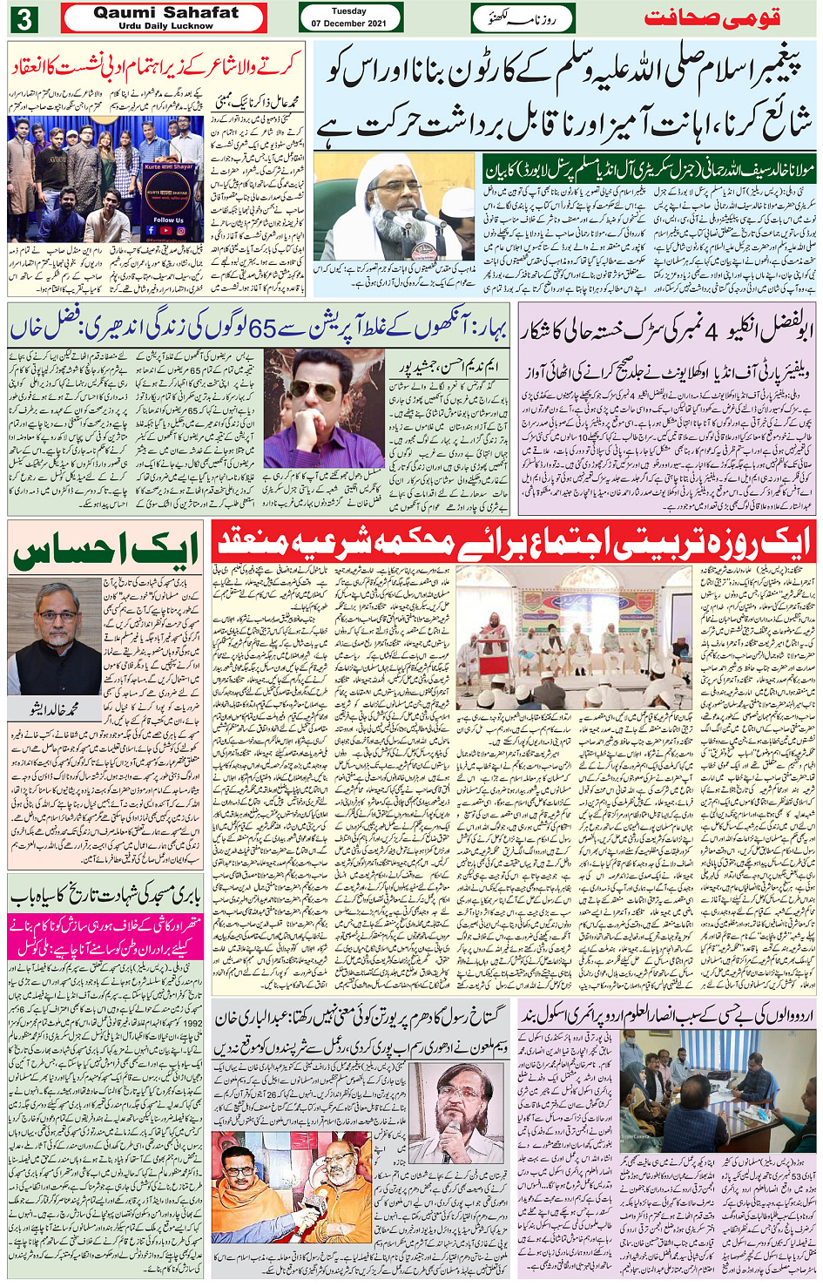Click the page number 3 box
[24, 18]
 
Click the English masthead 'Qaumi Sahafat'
[165, 13]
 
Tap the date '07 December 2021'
[349, 24]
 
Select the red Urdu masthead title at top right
[712, 18]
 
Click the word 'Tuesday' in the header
[349, 11]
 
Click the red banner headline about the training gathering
[513, 542]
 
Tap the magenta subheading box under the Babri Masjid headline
[105, 936]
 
